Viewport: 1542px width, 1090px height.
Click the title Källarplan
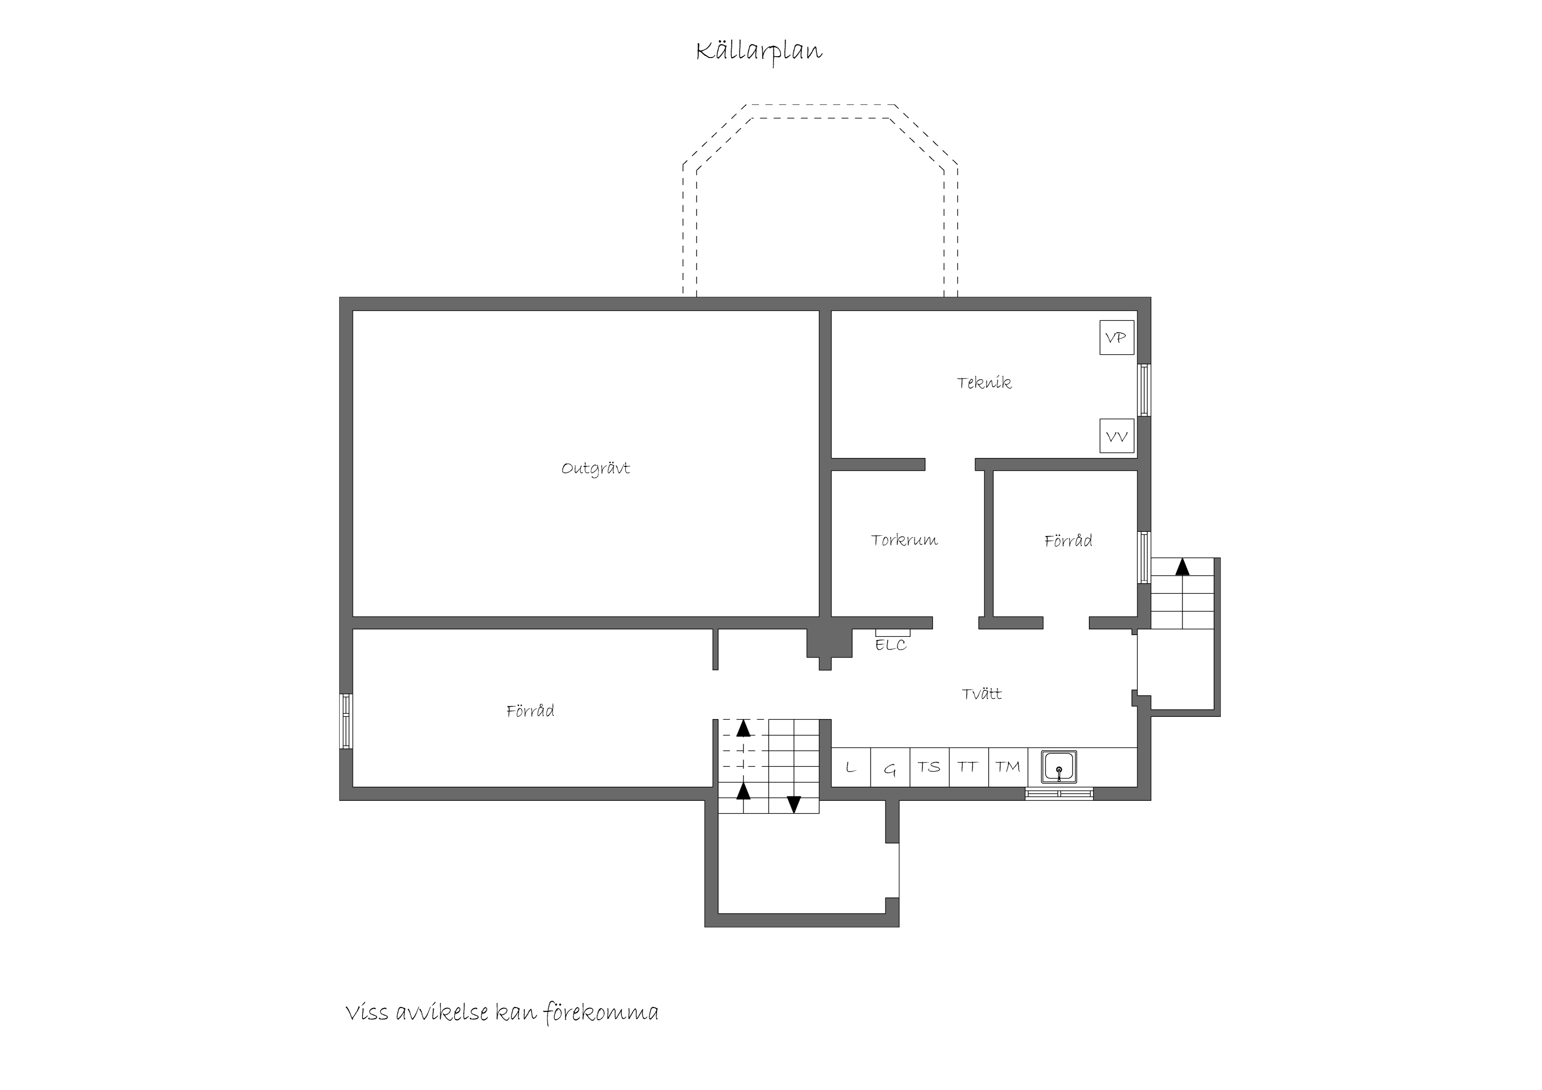coord(759,52)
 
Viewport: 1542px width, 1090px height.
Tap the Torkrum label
coord(904,540)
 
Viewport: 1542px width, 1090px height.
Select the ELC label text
coord(891,645)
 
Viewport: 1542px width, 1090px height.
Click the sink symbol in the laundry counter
coord(1059,767)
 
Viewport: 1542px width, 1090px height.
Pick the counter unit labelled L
coord(851,767)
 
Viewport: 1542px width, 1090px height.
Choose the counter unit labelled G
coord(891,767)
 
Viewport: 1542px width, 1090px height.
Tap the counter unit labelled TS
coord(930,767)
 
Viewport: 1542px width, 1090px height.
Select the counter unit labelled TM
coord(1008,767)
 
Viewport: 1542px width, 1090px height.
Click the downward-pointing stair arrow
coord(794,804)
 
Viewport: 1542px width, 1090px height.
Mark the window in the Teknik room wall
coord(1144,390)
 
